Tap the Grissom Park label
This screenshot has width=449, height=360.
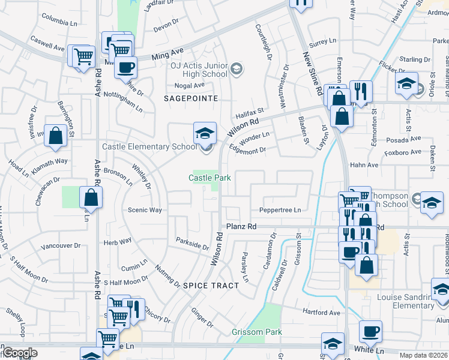coord(257,332)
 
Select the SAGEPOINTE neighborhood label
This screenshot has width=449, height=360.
coord(188,98)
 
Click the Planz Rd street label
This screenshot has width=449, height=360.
coord(241,227)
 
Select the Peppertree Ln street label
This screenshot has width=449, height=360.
coord(279,210)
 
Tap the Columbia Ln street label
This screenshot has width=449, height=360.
coord(60,21)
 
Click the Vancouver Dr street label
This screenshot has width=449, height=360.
coord(61,246)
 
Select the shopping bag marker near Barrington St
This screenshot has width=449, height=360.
coord(55,136)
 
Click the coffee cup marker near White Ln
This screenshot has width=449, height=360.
coord(370,331)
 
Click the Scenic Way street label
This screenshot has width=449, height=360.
coord(145,210)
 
